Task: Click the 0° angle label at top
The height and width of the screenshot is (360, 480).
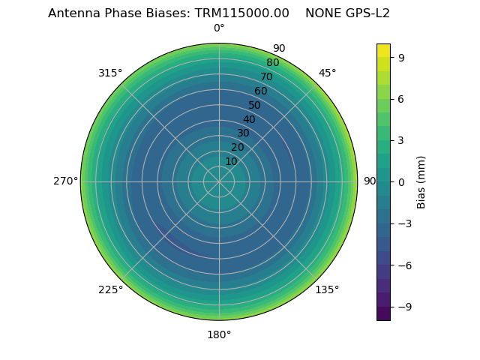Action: click(x=219, y=28)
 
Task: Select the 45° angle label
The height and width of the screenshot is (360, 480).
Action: click(x=327, y=73)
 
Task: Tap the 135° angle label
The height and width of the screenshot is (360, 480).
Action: click(x=327, y=289)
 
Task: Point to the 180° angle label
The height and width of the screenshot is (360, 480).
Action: click(x=219, y=334)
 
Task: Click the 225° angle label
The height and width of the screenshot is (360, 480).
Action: click(x=110, y=289)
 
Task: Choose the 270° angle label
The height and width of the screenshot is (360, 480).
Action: click(x=65, y=181)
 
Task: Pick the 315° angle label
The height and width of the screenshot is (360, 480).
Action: click(x=110, y=73)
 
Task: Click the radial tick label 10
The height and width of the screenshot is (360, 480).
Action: click(x=231, y=161)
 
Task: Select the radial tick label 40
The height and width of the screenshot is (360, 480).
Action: click(x=249, y=119)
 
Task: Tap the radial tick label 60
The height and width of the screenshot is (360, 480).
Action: click(x=260, y=91)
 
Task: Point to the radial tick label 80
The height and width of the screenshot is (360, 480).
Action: click(x=272, y=63)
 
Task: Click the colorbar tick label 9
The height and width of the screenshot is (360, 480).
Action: click(x=401, y=57)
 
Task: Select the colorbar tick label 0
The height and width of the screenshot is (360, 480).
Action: click(x=401, y=181)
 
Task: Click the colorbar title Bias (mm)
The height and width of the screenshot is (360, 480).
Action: click(x=421, y=181)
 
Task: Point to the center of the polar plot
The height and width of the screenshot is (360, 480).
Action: click(x=219, y=181)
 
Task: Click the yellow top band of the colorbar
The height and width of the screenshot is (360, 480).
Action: click(x=383, y=49)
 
